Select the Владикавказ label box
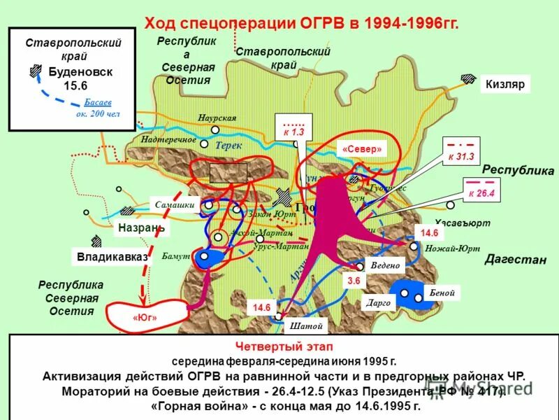[112, 257]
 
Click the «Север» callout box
[362, 149]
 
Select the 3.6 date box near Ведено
[353, 281]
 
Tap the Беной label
[443, 293]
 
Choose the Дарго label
[378, 303]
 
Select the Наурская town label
[217, 118]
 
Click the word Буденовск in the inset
[80, 71]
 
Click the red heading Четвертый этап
[284, 346]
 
